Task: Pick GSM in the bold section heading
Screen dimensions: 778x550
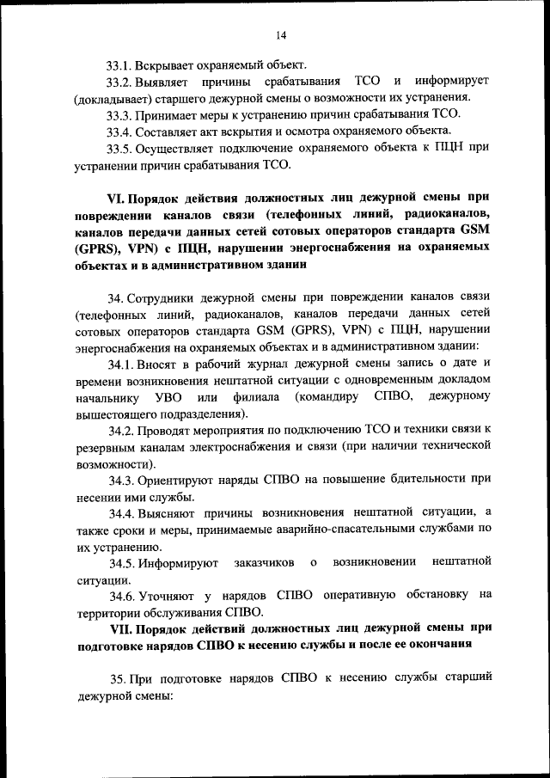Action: coord(474,230)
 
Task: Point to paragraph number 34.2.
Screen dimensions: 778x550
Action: coord(120,429)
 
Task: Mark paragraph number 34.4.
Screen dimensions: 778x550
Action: coord(120,512)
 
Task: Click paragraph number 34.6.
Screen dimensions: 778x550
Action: coord(120,595)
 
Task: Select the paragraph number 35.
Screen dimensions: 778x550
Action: coord(117,678)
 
